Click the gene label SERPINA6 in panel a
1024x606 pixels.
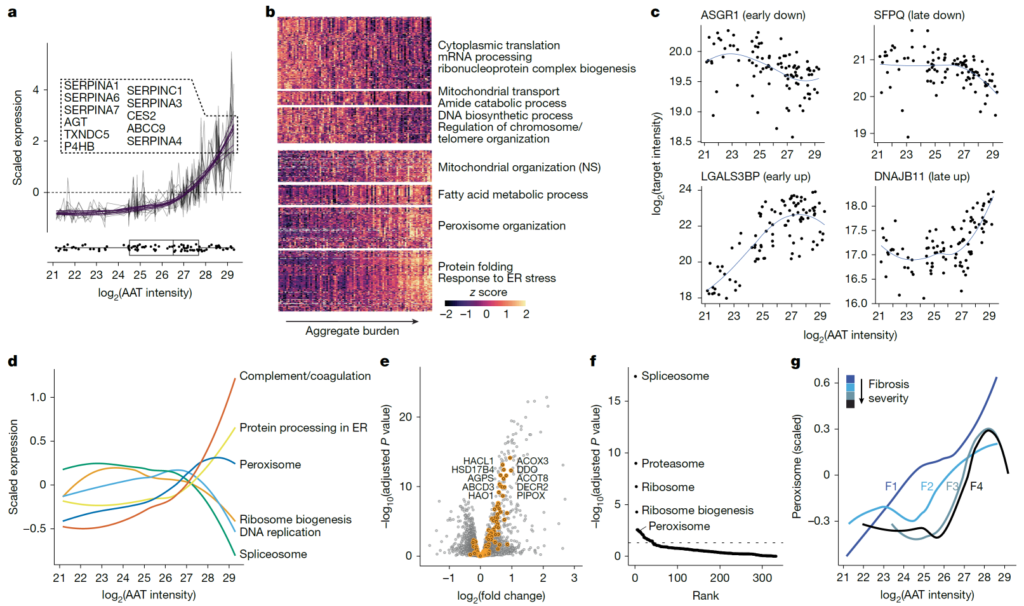click(x=91, y=98)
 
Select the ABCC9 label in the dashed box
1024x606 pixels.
click(x=146, y=128)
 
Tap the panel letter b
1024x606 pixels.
click(x=270, y=11)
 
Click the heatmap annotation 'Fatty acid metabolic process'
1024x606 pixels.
click(x=512, y=195)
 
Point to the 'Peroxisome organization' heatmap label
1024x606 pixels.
click(x=502, y=226)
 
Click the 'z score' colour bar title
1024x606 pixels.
click(x=488, y=292)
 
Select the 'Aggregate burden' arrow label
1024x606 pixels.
click(x=352, y=331)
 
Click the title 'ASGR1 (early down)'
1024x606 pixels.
click(x=753, y=15)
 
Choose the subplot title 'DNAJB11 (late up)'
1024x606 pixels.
click(x=922, y=177)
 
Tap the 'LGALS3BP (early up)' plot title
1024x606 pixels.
click(x=755, y=177)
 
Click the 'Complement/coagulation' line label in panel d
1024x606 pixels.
click(x=305, y=376)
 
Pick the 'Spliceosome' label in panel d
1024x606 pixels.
click(x=273, y=554)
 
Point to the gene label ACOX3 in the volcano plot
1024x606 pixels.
click(x=532, y=461)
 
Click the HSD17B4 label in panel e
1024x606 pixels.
click(x=472, y=470)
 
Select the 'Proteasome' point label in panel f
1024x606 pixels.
click(x=672, y=464)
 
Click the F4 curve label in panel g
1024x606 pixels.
click(x=976, y=487)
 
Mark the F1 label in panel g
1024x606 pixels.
click(x=891, y=487)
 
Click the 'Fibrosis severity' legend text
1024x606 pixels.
click(x=888, y=391)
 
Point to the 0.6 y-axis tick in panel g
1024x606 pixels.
click(x=821, y=382)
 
